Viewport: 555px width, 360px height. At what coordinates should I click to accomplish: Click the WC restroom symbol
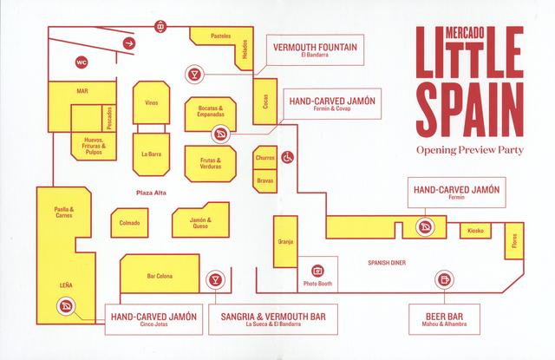click(x=82, y=62)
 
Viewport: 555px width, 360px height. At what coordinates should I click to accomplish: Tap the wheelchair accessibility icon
click(x=287, y=157)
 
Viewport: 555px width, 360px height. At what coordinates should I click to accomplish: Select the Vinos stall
click(x=151, y=102)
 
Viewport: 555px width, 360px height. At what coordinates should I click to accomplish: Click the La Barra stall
click(x=151, y=154)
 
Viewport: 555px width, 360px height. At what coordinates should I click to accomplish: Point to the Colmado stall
click(x=129, y=223)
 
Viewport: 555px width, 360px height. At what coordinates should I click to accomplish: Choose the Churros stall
click(x=264, y=158)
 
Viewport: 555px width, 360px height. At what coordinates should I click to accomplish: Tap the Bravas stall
click(x=264, y=181)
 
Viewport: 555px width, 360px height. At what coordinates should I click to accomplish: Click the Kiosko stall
click(x=475, y=231)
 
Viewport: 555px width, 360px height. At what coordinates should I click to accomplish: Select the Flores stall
click(x=514, y=240)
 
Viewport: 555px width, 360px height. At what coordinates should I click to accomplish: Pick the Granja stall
click(x=285, y=241)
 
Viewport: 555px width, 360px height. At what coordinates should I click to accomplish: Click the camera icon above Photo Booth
click(x=317, y=271)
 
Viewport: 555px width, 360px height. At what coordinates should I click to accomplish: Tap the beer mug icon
click(x=444, y=279)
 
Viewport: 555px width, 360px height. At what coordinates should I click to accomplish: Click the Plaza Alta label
click(x=151, y=193)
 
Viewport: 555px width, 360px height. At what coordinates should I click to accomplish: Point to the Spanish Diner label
click(x=387, y=263)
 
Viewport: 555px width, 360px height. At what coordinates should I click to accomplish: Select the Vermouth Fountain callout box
click(x=315, y=50)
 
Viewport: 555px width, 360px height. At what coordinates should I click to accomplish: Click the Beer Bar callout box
click(x=444, y=319)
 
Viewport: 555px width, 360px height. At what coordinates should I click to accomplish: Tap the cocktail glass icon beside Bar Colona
click(x=215, y=279)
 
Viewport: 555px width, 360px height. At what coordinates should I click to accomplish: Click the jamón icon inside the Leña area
click(x=66, y=306)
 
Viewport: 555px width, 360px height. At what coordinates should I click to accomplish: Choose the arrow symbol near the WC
click(x=129, y=43)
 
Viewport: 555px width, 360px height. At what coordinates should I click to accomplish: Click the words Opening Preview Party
click(x=470, y=150)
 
